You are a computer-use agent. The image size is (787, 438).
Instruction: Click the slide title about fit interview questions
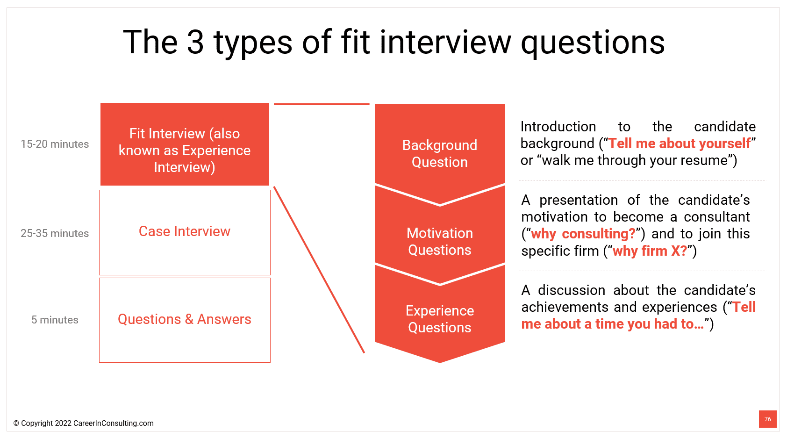393,42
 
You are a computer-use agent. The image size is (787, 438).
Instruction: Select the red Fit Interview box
185,144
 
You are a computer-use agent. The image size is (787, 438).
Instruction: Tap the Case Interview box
185,232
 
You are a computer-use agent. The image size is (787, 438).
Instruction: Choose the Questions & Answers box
185,320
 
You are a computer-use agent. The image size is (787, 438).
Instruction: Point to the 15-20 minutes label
55,144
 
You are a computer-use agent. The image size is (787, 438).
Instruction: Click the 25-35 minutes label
55,234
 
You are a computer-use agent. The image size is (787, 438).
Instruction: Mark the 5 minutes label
55,320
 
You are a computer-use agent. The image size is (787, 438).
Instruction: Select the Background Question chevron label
440,153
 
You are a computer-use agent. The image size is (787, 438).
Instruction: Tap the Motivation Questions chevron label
440,241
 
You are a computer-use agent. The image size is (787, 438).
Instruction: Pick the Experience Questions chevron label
440,319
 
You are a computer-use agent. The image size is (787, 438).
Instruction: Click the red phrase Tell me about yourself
679,144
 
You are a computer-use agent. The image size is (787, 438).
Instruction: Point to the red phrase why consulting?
583,234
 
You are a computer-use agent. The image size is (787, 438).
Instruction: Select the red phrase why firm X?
650,251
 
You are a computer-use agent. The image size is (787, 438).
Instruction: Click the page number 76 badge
767,419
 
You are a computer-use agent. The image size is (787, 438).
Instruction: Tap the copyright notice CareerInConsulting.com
84,424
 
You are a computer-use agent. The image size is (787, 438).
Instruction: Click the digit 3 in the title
195,42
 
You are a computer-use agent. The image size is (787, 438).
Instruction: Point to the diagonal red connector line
319,269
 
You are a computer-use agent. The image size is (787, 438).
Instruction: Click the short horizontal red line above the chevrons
322,104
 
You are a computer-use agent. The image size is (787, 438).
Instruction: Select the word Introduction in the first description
558,127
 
